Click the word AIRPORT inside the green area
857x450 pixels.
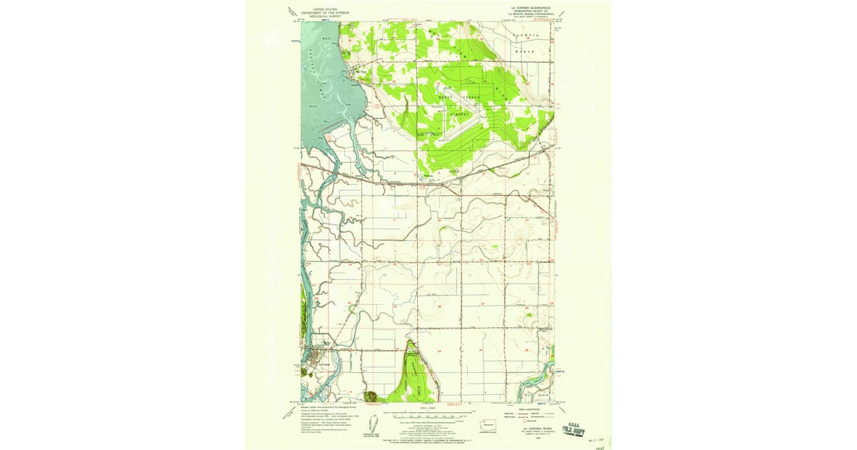[x=461, y=113]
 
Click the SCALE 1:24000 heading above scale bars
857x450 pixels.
[x=428, y=408]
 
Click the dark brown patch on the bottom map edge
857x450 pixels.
[x=370, y=396]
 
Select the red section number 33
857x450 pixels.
[x=439, y=350]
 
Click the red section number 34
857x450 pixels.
[x=481, y=350]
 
